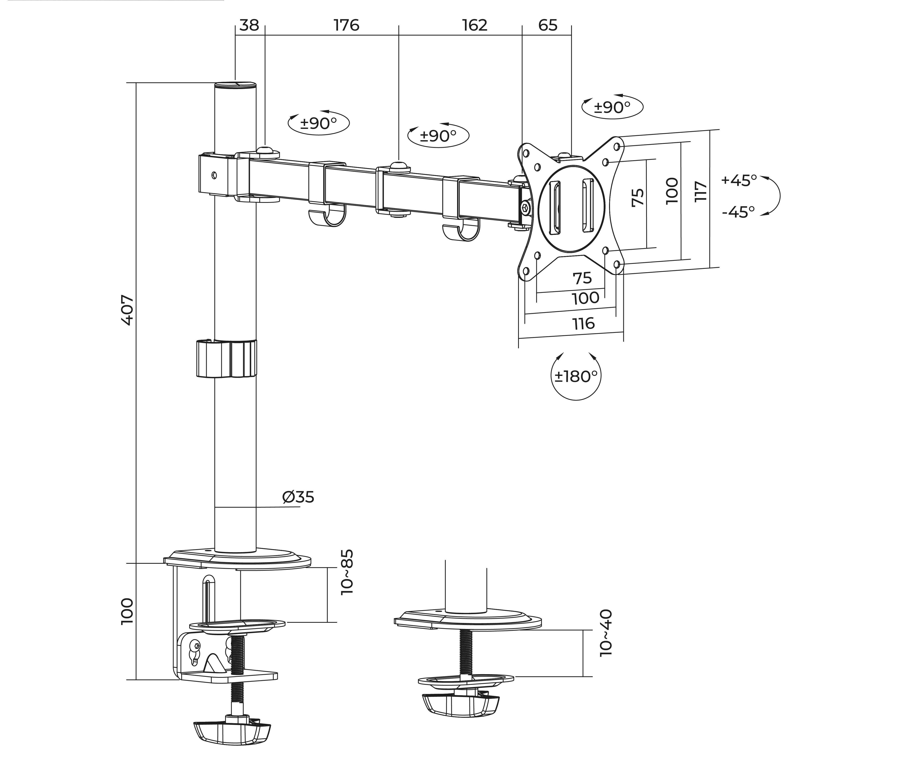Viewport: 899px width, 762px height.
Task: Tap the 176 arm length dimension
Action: coord(346,25)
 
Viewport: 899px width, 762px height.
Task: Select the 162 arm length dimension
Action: coord(474,25)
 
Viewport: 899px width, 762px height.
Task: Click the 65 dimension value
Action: coord(548,25)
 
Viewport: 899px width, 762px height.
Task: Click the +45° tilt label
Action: coord(739,180)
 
